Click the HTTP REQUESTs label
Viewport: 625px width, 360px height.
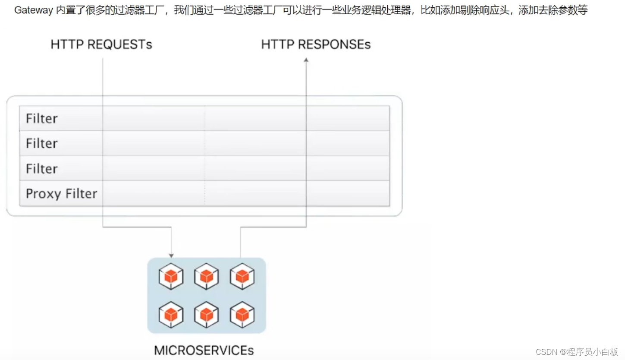[101, 44]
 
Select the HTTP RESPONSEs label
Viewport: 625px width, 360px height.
[316, 44]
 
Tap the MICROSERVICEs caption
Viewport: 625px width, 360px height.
[204, 350]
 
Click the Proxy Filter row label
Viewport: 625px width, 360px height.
[62, 193]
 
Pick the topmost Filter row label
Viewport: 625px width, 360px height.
[42, 118]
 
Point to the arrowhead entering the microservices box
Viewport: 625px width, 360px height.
[171, 256]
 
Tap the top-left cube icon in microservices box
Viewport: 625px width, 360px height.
[171, 276]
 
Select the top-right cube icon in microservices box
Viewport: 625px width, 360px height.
[242, 276]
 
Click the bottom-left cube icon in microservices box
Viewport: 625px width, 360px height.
[171, 314]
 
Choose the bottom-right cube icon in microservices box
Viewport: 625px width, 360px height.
[242, 314]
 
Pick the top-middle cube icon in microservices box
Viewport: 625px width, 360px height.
[207, 276]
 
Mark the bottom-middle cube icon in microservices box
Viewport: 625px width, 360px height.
[207, 314]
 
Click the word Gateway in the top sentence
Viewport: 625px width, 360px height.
[34, 10]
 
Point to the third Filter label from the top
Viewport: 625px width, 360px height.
[42, 168]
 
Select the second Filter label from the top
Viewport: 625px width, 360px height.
[42, 143]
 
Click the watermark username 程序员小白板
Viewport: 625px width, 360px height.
[593, 352]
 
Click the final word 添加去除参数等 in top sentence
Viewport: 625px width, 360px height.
[553, 10]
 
